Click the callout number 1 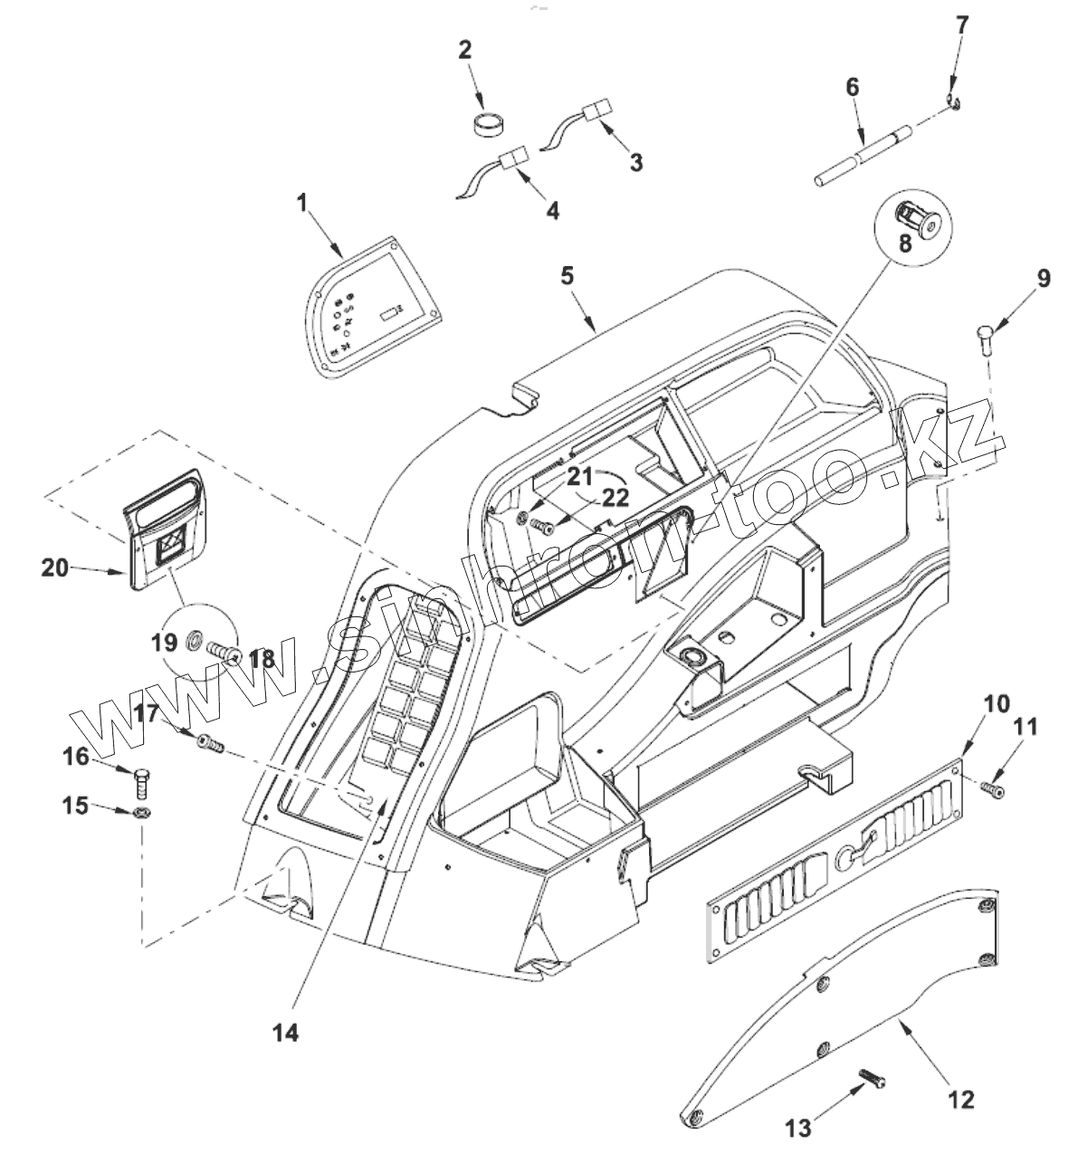(x=301, y=204)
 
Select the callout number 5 (x=568, y=275)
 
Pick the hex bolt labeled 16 (x=142, y=783)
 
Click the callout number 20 (x=55, y=567)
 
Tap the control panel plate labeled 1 (x=373, y=307)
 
